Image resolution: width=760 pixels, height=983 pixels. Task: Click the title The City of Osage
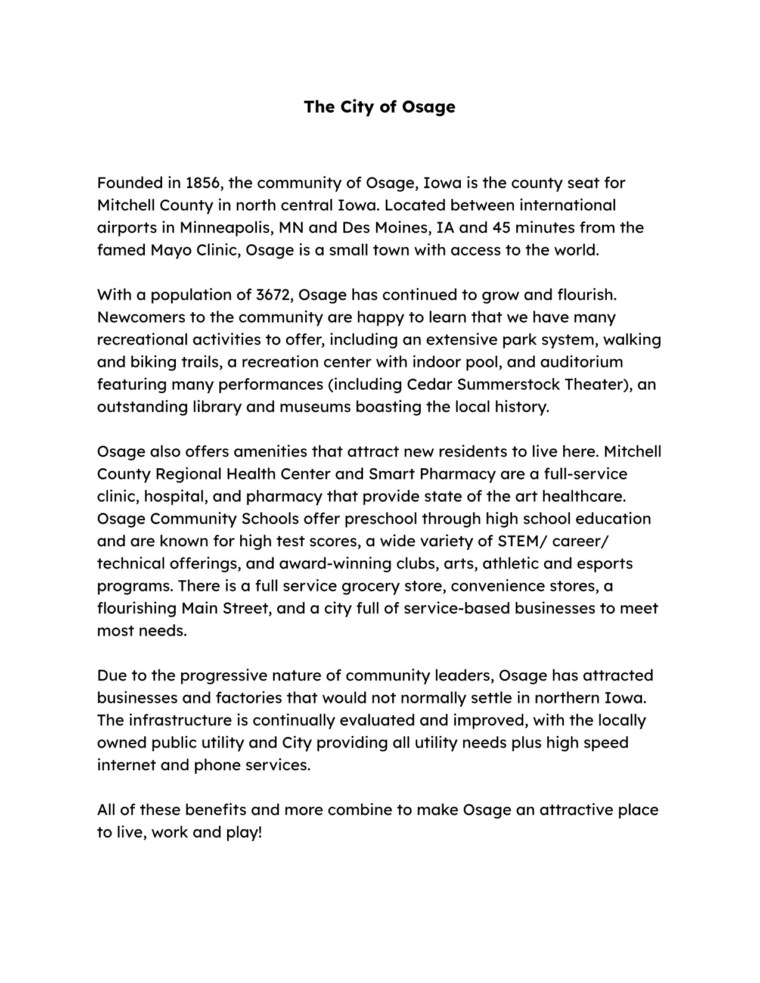(x=379, y=107)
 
